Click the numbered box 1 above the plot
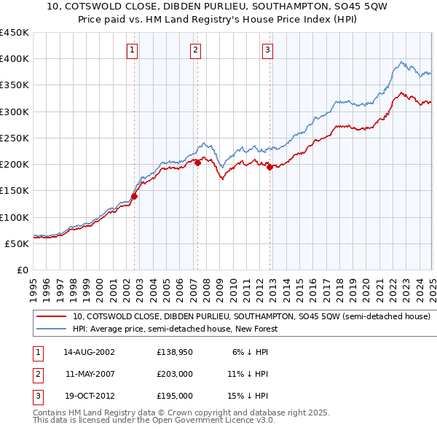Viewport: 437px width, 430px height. (132, 50)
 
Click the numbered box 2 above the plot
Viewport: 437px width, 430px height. (196, 50)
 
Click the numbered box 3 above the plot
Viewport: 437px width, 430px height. (267, 50)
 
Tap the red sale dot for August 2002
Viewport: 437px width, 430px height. (135, 196)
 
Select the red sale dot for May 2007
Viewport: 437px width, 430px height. (197, 163)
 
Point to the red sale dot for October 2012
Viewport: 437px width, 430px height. (270, 167)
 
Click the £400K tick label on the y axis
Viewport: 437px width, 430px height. (15, 59)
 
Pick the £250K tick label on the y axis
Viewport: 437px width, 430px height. (15, 138)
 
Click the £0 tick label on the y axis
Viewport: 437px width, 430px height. (22, 270)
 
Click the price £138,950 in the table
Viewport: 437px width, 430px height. (173, 351)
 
